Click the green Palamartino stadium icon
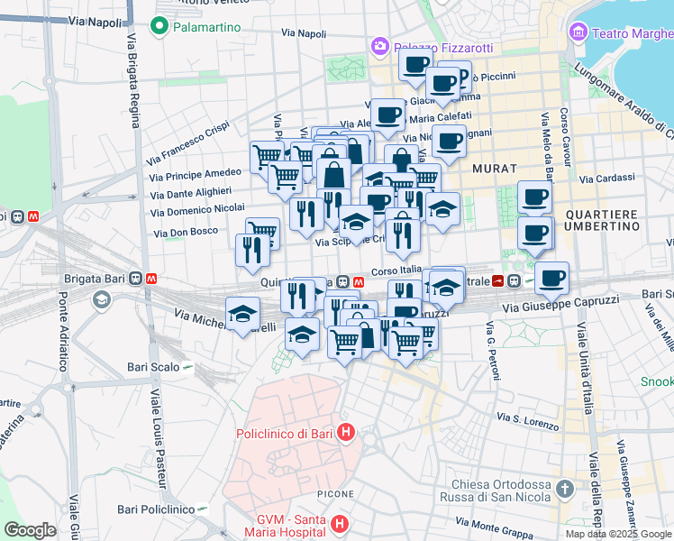(x=161, y=27)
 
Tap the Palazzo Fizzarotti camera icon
(x=379, y=45)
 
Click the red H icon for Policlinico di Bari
(x=344, y=434)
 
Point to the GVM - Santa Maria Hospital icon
(x=339, y=523)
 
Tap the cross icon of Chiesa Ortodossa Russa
(x=564, y=490)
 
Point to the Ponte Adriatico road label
(x=63, y=330)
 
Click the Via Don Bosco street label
(x=187, y=233)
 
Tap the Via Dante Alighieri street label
(x=191, y=192)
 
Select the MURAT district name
(x=494, y=169)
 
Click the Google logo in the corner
(x=30, y=530)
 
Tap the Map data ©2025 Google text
(x=617, y=534)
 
